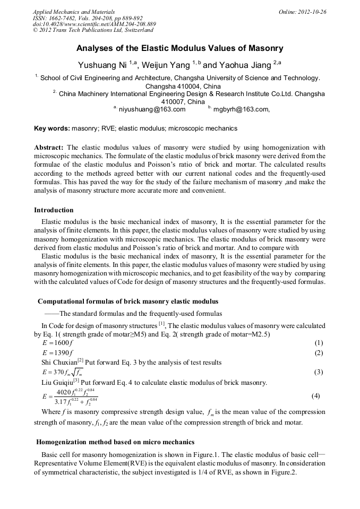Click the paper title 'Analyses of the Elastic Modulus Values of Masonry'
coord(179,48)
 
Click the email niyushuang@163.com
coord(152,109)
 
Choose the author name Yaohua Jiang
coord(244,66)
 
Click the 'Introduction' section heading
coord(54,210)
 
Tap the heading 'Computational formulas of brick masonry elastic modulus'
coord(127,301)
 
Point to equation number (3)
coord(319,372)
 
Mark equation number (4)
coord(315,396)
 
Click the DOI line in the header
coord(94,24)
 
